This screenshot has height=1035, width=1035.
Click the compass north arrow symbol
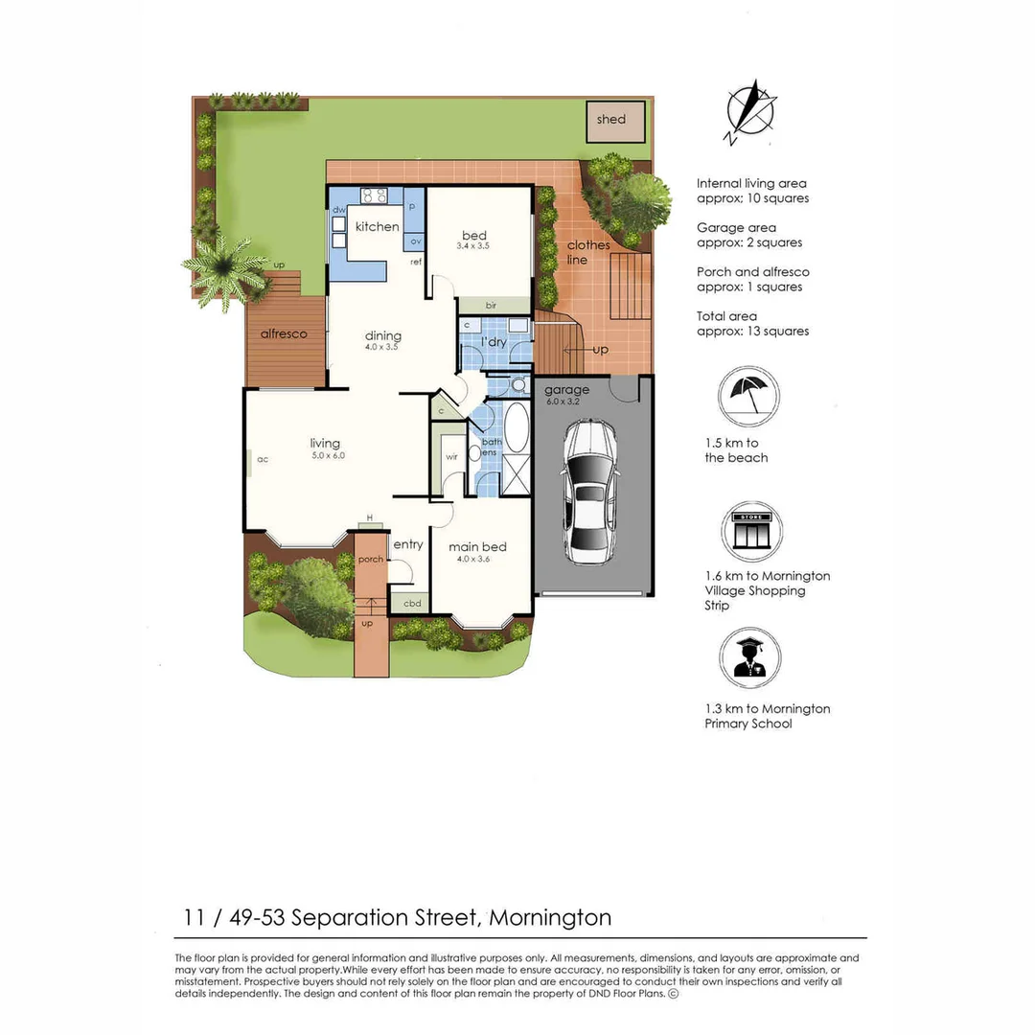point(750,111)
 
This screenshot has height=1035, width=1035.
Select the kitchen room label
point(377,227)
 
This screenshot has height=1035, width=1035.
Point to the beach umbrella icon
point(748,394)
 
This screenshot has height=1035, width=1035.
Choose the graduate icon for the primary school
point(749,658)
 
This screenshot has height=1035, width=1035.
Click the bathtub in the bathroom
point(516,428)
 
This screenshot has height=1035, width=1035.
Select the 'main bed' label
point(478,547)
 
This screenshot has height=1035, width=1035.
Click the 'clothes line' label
point(588,252)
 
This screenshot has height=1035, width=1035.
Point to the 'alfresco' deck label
point(284,334)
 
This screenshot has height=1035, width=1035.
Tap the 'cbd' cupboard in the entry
point(411,603)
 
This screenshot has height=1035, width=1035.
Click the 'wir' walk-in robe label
point(451,457)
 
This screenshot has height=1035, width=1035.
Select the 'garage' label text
point(565,390)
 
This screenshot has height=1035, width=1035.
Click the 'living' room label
point(325,443)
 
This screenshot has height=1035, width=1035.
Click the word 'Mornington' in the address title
point(550,917)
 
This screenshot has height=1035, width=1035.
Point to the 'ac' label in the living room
point(262,459)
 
